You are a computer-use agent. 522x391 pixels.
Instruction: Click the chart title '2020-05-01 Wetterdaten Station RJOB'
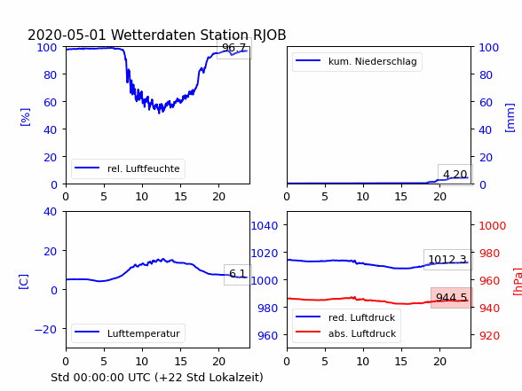157,35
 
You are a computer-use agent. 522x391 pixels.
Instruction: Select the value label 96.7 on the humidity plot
233,48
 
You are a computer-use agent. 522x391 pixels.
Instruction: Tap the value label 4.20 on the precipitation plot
455,174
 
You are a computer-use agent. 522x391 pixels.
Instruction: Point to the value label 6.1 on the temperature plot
238,274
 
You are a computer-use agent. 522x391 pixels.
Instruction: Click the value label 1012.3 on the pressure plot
447,259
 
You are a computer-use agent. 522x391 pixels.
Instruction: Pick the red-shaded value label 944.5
451,298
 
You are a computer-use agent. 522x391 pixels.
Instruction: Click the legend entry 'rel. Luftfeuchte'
144,168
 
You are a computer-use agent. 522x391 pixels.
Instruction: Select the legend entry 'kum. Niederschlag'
373,61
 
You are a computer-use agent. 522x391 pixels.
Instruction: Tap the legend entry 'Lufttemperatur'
144,333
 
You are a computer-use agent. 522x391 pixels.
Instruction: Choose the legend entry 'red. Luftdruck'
361,317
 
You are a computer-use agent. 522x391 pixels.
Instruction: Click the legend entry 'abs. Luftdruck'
362,333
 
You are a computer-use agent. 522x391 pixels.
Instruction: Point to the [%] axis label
25,117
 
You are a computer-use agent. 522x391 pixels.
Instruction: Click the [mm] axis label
510,118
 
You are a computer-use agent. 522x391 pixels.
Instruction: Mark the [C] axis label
24,282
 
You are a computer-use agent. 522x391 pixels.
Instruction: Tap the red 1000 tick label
493,226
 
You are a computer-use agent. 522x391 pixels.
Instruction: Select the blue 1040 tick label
265,226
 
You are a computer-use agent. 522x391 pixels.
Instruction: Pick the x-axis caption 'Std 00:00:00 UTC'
101,378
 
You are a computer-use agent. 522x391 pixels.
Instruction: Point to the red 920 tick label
489,335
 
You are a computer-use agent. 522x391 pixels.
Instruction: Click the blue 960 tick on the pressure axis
268,335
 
